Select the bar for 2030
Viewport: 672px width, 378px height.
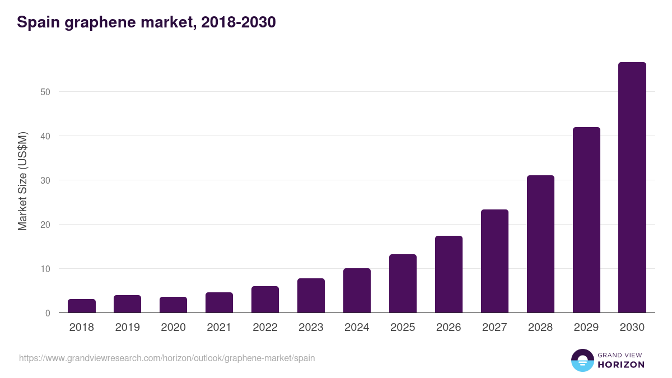point(632,188)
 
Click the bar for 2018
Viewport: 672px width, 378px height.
point(82,306)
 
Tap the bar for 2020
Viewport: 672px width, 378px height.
point(173,305)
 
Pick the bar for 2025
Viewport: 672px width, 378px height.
point(403,283)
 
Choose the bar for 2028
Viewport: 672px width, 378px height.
point(540,244)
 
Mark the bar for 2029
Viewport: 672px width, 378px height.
point(586,220)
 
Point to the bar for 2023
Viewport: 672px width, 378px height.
point(311,296)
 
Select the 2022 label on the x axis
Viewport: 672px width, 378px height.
point(265,328)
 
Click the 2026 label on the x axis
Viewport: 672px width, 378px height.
point(449,328)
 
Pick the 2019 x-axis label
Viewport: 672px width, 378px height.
point(127,328)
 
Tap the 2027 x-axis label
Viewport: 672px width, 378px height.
point(494,328)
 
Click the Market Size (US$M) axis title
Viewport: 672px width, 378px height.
point(22,181)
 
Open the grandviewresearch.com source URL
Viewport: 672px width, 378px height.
point(167,358)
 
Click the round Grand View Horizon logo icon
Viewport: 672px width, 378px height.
point(582,360)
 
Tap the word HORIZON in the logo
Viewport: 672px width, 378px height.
point(621,365)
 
